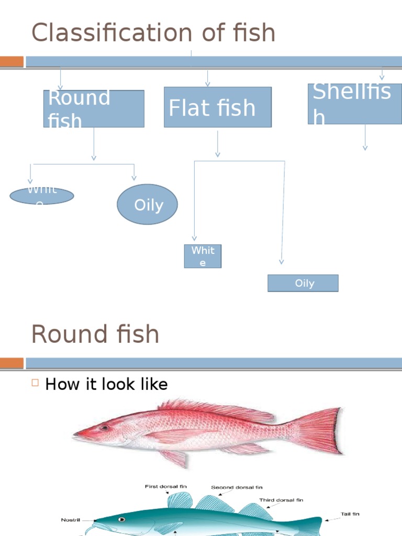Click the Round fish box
click(x=94, y=108)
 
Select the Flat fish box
click(x=218, y=107)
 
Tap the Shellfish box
click(x=354, y=104)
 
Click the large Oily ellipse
click(x=147, y=204)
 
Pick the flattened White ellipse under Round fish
click(x=42, y=196)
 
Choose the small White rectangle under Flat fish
click(x=203, y=256)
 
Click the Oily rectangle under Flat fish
click(x=303, y=283)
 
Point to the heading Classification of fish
click(x=153, y=33)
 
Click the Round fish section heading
click(x=95, y=334)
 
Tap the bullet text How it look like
click(x=106, y=384)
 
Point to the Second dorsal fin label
click(x=237, y=487)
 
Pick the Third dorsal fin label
click(x=281, y=500)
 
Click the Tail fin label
click(x=348, y=513)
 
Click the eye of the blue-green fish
click(x=122, y=520)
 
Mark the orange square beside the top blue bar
click(x=12, y=62)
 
